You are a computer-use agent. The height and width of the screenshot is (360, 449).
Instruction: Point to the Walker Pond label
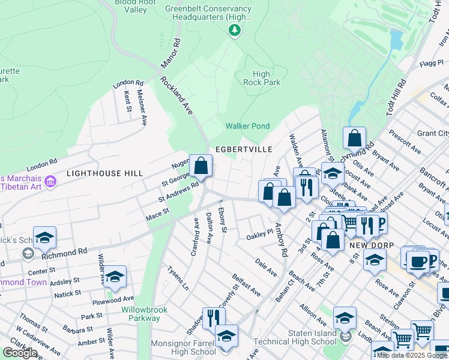247,126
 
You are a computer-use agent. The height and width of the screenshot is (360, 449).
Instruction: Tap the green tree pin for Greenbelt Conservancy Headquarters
236,32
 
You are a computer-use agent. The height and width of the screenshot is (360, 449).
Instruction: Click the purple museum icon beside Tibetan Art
50,181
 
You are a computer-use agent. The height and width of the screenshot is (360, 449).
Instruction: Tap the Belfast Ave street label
247,284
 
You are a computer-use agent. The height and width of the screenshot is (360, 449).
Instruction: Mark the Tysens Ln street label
178,278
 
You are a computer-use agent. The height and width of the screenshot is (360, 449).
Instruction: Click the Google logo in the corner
20,353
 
